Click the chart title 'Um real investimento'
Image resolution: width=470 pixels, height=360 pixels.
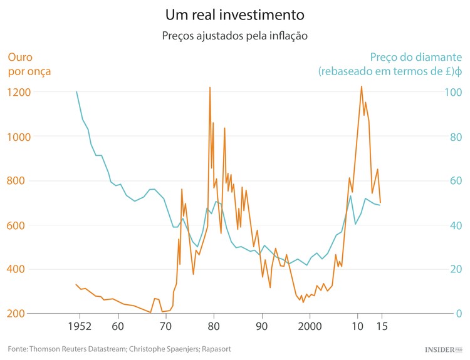(235, 14)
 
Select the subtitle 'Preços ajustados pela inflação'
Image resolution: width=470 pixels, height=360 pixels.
(235, 36)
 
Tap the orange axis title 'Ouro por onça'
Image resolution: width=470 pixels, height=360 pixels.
(29, 64)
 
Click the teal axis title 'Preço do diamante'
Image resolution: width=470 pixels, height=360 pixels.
(416, 56)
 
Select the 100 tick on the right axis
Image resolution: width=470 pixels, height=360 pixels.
(453, 92)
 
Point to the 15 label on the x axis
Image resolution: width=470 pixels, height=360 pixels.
(380, 327)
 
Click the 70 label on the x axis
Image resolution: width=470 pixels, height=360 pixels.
(165, 327)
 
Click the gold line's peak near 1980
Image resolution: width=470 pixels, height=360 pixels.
(210, 88)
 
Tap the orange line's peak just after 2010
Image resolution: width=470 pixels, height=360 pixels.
(361, 86)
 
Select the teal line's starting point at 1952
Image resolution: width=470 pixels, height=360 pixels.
(76, 92)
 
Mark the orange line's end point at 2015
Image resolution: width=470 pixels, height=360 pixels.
(380, 202)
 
